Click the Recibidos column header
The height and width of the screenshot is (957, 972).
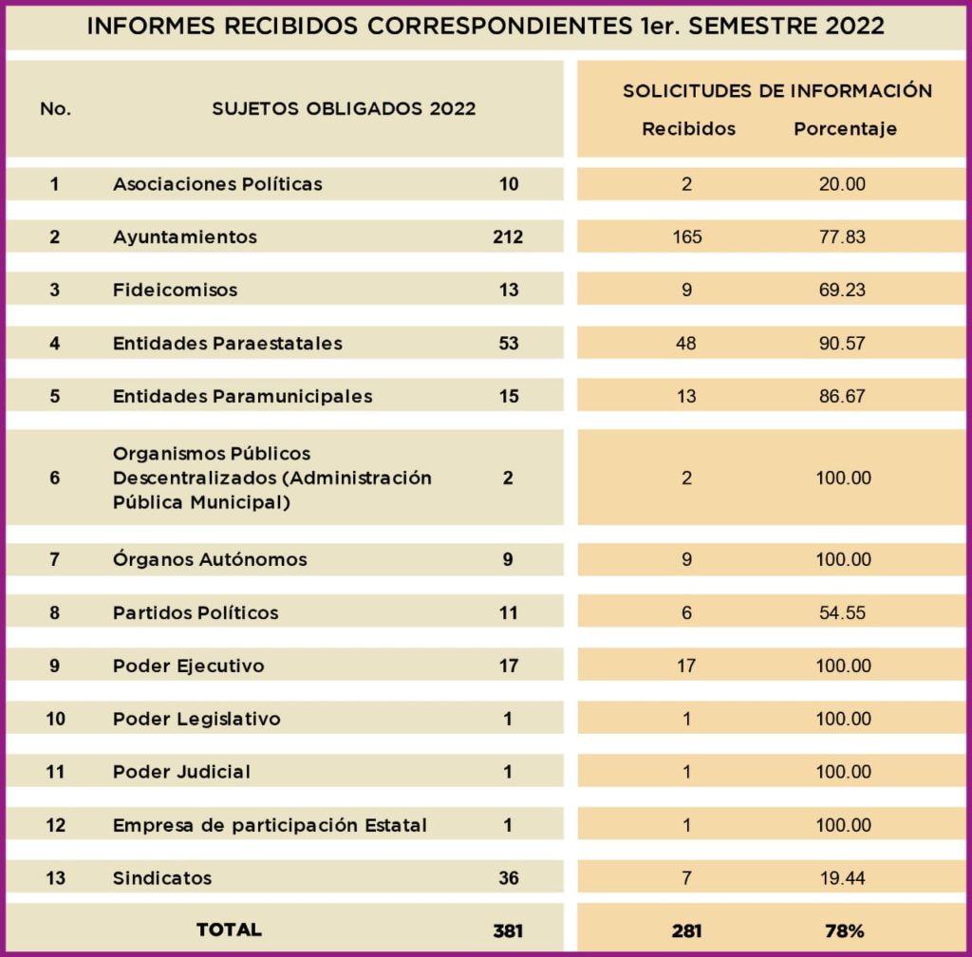(x=688, y=129)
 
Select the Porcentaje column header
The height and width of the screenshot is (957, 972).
(x=845, y=129)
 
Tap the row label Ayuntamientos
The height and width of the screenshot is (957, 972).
(x=185, y=236)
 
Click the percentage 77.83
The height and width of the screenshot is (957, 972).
(x=842, y=236)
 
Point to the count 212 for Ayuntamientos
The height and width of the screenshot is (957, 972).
(x=508, y=236)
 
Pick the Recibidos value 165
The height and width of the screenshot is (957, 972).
(x=686, y=236)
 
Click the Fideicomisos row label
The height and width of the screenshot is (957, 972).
(x=175, y=290)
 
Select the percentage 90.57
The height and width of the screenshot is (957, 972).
(x=842, y=343)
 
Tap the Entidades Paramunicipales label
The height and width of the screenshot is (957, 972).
(x=242, y=396)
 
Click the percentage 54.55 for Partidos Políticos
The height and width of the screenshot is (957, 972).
(x=842, y=612)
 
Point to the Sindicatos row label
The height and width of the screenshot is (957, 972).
(x=162, y=878)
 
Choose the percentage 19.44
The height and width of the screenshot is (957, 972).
(x=842, y=878)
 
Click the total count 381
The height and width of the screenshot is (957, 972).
(x=508, y=931)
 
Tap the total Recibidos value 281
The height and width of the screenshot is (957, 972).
(x=686, y=931)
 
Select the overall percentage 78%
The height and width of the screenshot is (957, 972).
(x=843, y=931)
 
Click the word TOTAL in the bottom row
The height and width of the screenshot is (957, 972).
(x=229, y=929)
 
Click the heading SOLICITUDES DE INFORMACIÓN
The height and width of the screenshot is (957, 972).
(x=777, y=91)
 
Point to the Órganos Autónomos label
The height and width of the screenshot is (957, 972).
(x=210, y=559)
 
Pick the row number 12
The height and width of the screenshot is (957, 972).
(x=55, y=825)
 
